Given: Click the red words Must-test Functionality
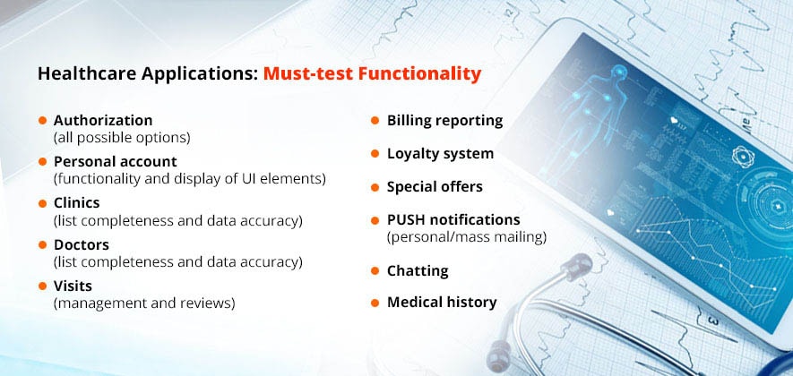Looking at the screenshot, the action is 372,73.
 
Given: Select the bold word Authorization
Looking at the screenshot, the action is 103,120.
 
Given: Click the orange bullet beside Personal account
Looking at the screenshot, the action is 42,162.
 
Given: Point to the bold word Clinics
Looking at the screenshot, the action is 76,202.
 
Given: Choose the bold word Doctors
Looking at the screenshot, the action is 82,244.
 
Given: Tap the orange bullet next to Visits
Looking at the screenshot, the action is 42,286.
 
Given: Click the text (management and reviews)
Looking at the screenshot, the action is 144,303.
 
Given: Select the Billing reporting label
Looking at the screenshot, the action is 445,121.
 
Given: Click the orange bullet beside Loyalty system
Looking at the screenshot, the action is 375,154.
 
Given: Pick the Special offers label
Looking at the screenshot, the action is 435,187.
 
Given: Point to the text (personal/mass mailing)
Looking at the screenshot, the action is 467,237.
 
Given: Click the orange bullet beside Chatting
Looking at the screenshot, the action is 375,271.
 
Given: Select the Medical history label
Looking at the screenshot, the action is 442,303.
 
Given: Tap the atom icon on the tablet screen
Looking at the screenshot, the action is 743,156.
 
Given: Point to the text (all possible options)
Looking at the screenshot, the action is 122,138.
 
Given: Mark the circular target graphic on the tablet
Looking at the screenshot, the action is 766,205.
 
